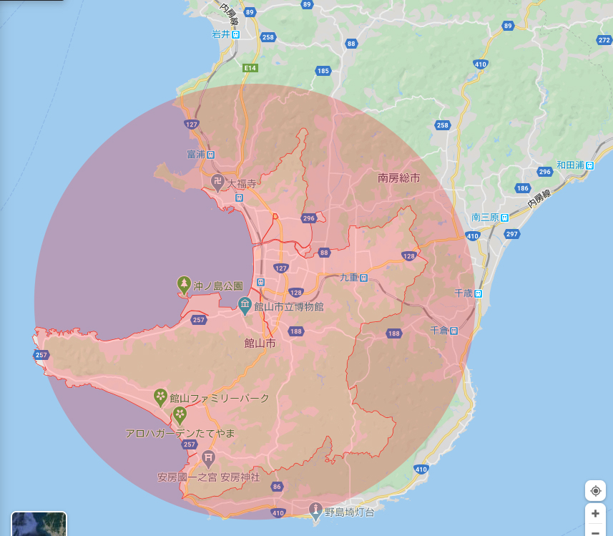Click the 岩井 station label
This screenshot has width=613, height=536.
pos(221,34)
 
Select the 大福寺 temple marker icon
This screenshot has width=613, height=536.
pos(217,183)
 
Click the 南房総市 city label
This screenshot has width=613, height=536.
pos(398,177)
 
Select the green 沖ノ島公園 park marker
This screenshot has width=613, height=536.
pos(185,285)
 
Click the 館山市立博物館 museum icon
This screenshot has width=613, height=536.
pos(245,306)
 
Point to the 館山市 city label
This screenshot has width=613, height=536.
pos(260,343)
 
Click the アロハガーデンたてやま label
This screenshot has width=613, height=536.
pos(180,434)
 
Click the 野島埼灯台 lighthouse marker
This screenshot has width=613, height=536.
pos(315,510)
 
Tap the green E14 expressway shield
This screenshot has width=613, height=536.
pos(249,68)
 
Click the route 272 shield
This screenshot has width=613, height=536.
pos(603,40)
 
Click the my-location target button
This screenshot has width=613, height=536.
pos(595,491)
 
